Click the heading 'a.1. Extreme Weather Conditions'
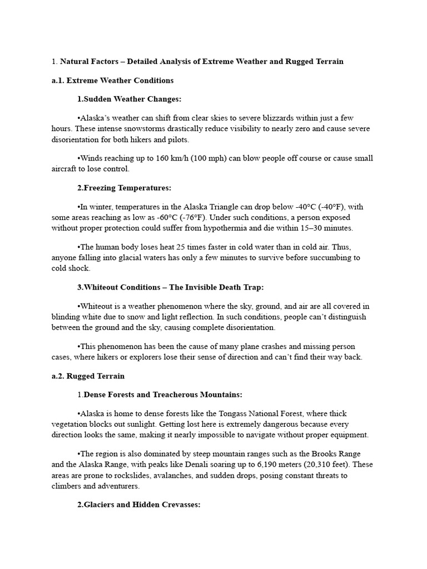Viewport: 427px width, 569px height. coord(112,81)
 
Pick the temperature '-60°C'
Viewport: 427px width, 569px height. coord(155,217)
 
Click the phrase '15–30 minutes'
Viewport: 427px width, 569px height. coord(328,228)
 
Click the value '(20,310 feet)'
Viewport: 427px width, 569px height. coord(333,465)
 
